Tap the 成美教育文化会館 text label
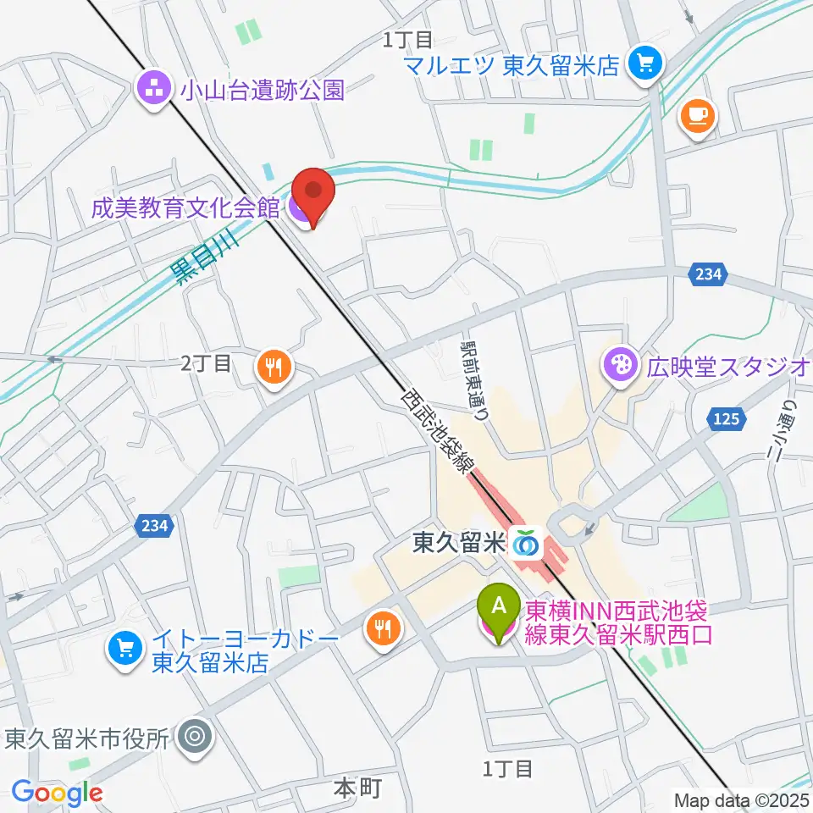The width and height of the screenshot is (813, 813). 185,207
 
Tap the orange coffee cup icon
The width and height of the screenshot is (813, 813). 696,115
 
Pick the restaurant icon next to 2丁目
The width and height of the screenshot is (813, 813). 273,367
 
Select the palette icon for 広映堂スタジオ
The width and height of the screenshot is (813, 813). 617,366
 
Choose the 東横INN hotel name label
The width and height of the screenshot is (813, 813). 618,622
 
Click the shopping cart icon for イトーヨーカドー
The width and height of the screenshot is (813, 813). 124,650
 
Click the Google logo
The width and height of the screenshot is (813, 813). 57,793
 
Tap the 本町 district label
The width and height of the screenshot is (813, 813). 357,789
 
